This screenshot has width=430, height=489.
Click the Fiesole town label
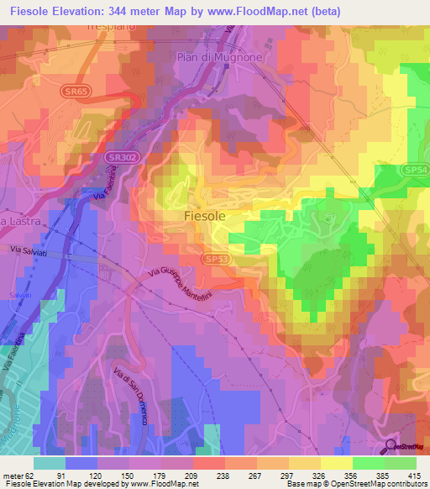(204, 215)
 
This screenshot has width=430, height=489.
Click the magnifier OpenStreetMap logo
(392, 447)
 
